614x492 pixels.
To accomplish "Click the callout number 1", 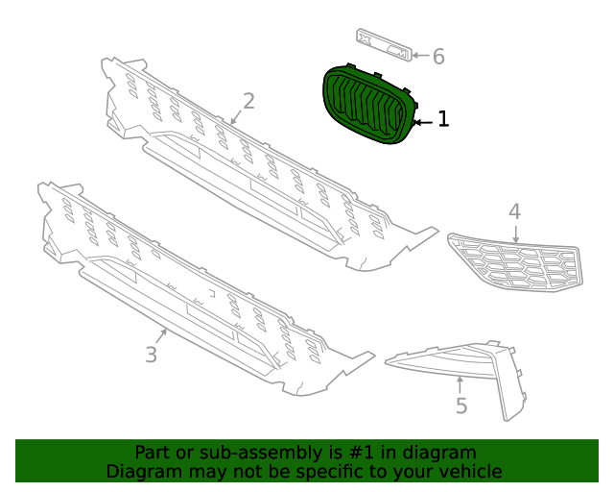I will [x=443, y=119].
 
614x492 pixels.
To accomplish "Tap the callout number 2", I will [x=248, y=100].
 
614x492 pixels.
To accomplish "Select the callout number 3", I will [x=151, y=355].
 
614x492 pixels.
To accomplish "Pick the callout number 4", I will [x=514, y=210].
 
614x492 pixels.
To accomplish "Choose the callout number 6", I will [x=438, y=57].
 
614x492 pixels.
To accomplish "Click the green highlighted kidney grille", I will [x=367, y=107].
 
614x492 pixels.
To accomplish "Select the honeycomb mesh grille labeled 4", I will [x=514, y=260].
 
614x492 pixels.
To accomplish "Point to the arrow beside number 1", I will [x=423, y=122].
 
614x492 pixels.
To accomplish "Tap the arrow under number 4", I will [x=515, y=232].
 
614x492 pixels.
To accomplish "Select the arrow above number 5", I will [x=460, y=384].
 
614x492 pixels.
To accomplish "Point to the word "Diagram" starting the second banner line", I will [x=140, y=471].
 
